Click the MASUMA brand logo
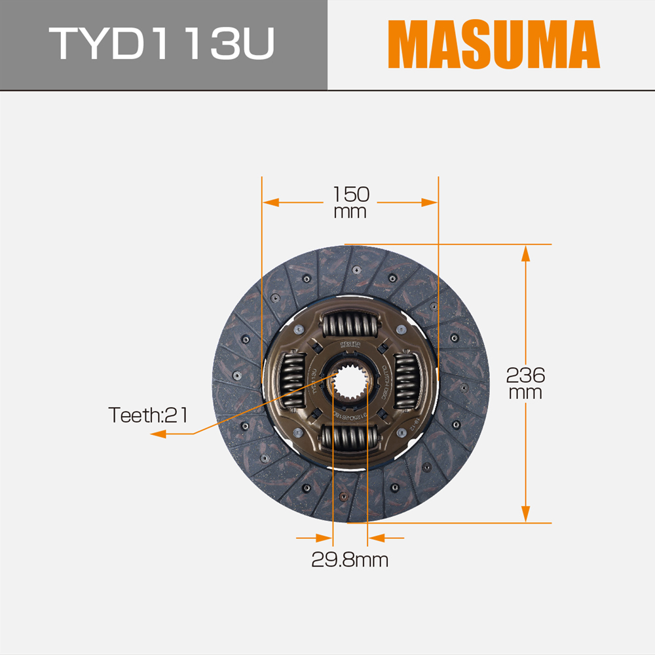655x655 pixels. point(493,45)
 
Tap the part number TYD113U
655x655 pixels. point(164,45)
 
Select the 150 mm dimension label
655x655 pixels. point(350,202)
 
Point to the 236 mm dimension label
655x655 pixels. point(525,384)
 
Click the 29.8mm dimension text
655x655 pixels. point(350,561)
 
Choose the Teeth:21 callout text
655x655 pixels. point(149,415)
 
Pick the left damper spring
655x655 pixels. point(293,383)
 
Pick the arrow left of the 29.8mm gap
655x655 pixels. point(324,538)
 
